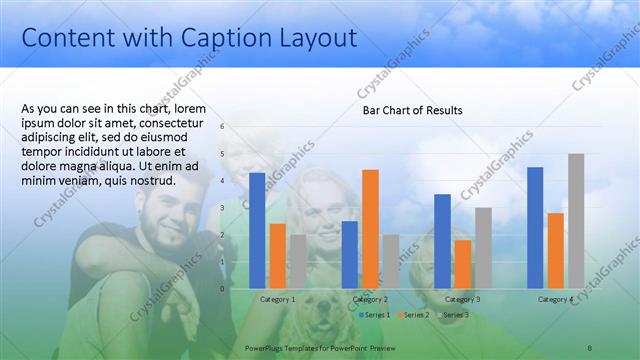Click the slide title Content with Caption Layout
[189, 38]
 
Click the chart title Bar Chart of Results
[412, 110]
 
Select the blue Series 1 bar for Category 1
[257, 230]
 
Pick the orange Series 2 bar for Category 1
[277, 255]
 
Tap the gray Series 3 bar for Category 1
[297, 261]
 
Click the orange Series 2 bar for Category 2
[370, 228]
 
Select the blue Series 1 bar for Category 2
[349, 254]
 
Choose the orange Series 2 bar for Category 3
[462, 263]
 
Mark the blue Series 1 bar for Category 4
[535, 227]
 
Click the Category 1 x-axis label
[277, 299]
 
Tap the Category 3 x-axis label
[462, 299]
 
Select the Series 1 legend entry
[375, 315]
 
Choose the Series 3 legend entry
[453, 315]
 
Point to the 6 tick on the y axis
[223, 127]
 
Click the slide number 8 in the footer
[589, 347]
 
